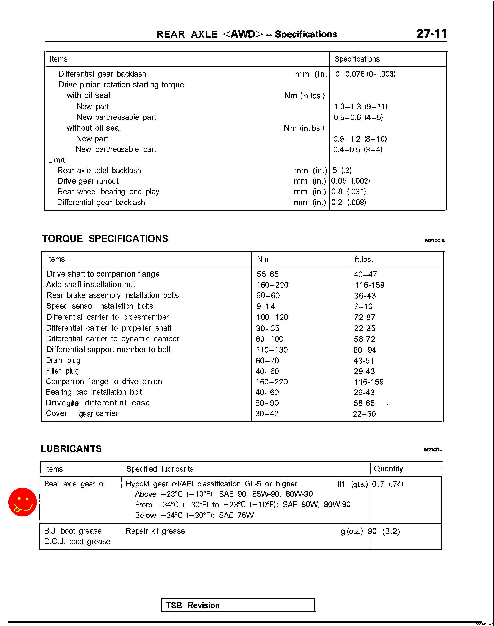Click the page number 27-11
coord(431,34)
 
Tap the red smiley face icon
coord(22,502)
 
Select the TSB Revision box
coord(238,605)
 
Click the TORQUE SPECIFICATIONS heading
coord(105,239)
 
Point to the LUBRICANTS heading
coord(71,449)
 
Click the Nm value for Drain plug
coord(267,360)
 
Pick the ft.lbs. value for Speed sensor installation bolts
coord(363,306)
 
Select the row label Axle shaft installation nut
coord(91,285)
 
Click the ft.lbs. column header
coord(364,260)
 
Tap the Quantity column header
coord(388,469)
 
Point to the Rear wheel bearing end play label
coord(108,192)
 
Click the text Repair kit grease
coord(155,531)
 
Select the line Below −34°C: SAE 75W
coord(194,515)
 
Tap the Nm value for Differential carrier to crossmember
coord(272,317)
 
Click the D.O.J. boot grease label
coord(77,541)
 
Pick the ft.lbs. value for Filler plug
coord(364,371)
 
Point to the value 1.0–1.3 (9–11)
coord(361,107)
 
